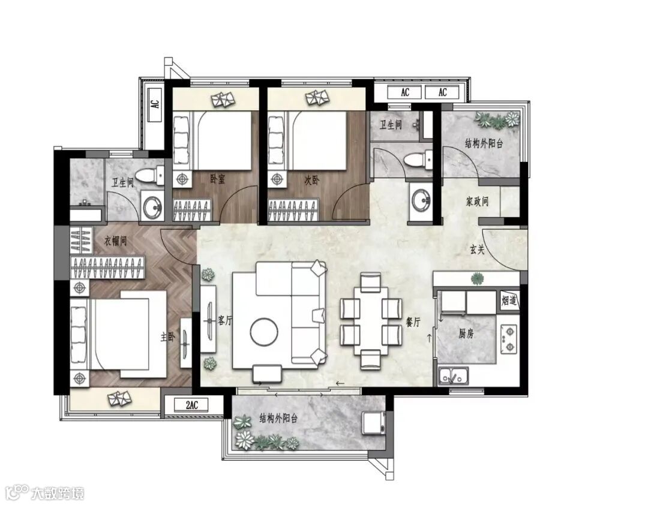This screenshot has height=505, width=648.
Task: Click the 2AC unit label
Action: (192, 405)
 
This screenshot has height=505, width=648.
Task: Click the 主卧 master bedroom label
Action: (167, 338)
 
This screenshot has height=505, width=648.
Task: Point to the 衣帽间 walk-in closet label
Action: (115, 241)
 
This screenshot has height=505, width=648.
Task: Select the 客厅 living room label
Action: (225, 320)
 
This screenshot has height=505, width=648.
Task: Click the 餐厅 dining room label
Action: (413, 322)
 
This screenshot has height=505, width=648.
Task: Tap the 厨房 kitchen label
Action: (466, 333)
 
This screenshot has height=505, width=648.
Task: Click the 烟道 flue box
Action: (509, 300)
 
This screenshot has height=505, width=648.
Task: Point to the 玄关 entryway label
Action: (477, 250)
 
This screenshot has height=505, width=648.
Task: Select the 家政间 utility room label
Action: (478, 202)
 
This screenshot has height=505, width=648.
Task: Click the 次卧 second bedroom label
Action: (312, 180)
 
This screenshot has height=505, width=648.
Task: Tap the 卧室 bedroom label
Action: (217, 179)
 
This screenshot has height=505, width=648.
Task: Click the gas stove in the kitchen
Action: (509, 339)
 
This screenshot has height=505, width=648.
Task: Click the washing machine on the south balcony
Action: (374, 423)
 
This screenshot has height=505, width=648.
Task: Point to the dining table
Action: (371, 321)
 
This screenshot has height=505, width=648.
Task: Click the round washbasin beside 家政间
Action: (421, 200)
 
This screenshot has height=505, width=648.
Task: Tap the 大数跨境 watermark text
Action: (58, 493)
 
